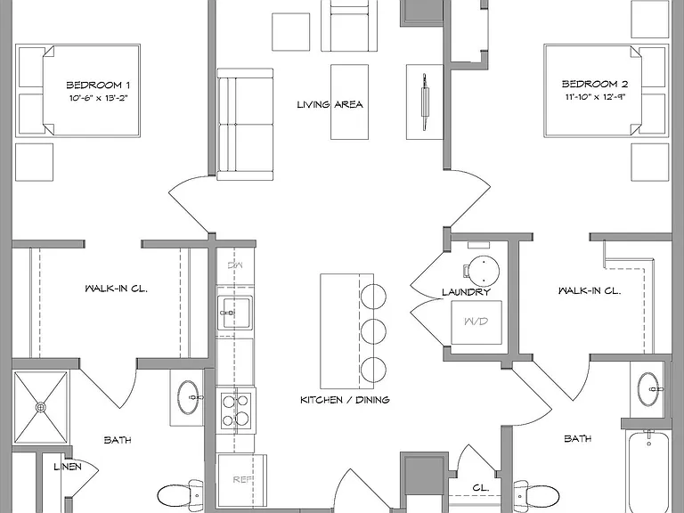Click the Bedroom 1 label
[98, 85]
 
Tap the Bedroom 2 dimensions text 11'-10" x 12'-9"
[596, 97]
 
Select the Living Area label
[330, 104]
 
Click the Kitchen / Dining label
[345, 400]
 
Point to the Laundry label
[466, 292]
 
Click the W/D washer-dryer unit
[476, 322]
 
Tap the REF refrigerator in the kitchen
[242, 478]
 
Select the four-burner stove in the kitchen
[236, 411]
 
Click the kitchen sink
[235, 313]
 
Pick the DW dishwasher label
[235, 265]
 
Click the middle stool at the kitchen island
[373, 332]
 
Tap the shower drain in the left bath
[41, 407]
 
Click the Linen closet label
[68, 467]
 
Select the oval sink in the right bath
[650, 389]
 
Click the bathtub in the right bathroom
[649, 471]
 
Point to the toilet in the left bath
[180, 496]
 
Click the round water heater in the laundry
[484, 271]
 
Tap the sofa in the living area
[245, 125]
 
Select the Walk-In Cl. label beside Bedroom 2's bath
[590, 290]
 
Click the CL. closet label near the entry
[481, 488]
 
